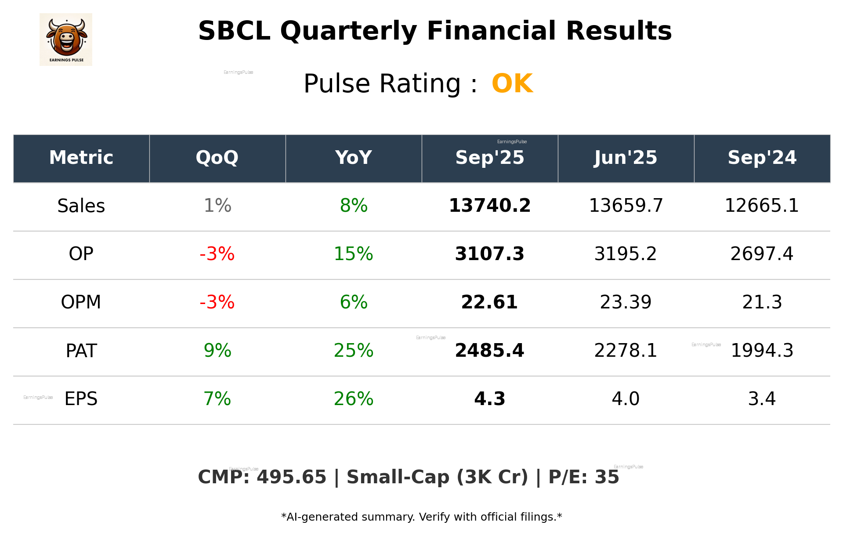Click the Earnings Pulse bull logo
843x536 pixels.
coord(66,39)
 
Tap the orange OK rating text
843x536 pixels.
coord(512,83)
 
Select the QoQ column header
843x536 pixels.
coord(217,158)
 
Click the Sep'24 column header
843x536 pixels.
coord(762,158)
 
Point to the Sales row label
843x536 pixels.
coord(81,206)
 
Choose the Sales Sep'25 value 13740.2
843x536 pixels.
coord(489,206)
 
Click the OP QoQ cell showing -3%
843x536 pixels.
coord(217,254)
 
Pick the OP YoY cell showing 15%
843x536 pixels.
coord(353,254)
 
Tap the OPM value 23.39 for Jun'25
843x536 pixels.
coord(626,303)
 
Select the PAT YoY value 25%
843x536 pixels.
coord(353,351)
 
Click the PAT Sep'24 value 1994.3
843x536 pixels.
coord(762,351)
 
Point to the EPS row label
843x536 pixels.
coord(81,399)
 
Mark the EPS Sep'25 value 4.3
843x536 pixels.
coord(489,399)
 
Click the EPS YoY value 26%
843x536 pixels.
coord(353,399)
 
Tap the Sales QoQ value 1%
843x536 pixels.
coord(217,206)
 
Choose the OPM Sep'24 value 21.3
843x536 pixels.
coord(762,303)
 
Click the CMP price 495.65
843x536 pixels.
coord(292,478)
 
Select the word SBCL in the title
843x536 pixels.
coord(234,31)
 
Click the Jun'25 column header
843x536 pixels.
coord(626,158)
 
